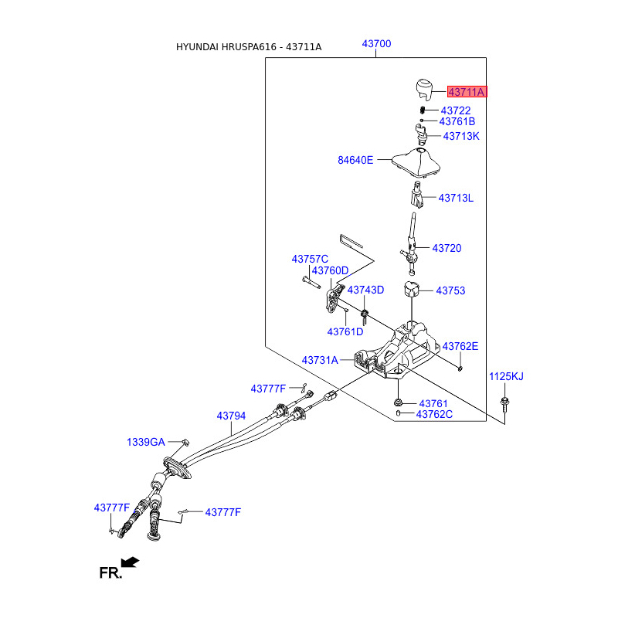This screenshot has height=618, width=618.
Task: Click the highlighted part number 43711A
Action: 466,92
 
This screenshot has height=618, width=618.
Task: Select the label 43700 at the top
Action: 376,44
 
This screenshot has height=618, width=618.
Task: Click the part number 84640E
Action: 355,161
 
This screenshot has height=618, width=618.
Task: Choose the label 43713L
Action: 456,199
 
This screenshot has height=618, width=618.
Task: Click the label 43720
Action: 447,248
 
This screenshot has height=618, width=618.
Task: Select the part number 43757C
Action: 310,259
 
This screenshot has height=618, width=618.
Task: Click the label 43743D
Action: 365,290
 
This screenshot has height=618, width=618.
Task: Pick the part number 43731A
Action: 320,360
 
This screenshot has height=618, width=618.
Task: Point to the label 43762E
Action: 460,346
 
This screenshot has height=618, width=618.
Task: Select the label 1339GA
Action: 146,442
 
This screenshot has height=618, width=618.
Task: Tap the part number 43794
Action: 231,416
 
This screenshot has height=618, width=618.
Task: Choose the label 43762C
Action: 434,414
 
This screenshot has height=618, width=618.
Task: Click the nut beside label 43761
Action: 398,402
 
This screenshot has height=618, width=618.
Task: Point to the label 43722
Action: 456,110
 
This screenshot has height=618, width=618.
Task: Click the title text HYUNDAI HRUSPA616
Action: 226,47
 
